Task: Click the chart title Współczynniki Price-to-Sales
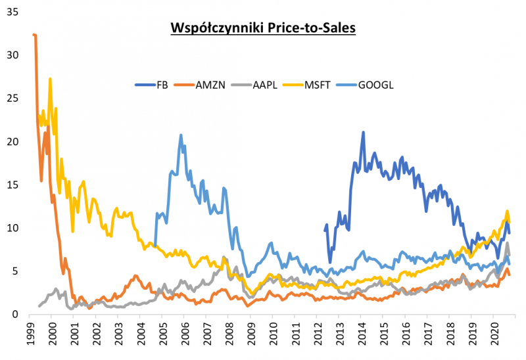tap(263, 29)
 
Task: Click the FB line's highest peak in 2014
tap(363, 132)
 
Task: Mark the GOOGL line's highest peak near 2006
tap(181, 135)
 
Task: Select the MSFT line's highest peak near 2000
tap(50, 79)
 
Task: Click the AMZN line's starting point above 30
tap(34, 35)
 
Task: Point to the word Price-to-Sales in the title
tap(308, 29)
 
